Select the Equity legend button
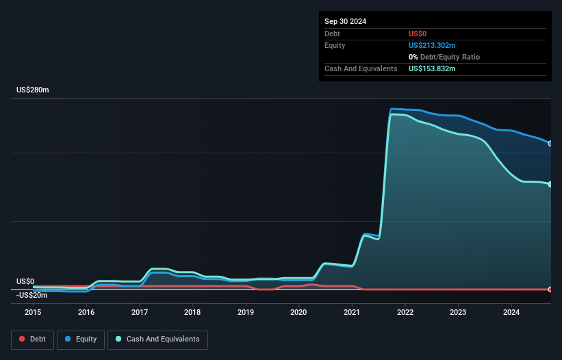coord(80,339)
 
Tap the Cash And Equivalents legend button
coord(157,339)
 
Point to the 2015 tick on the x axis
coord(33,312)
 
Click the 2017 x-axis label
coord(139,312)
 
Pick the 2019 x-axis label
coord(246,312)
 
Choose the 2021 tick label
coord(352,312)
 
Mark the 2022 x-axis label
coord(405,312)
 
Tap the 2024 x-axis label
coord(511,312)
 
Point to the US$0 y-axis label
coord(25,281)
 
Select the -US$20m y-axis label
coord(32,295)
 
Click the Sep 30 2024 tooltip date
coord(345,21)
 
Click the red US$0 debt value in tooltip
coord(418,34)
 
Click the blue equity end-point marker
coord(550,144)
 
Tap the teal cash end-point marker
coord(550,184)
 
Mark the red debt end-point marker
coord(550,290)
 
